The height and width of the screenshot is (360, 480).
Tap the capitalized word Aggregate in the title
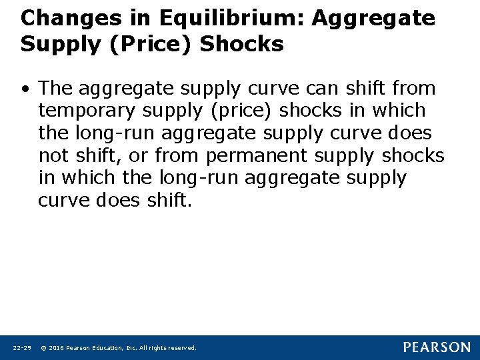(374, 19)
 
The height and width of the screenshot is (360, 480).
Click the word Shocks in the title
(242, 45)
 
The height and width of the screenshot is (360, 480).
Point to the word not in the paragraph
(53, 155)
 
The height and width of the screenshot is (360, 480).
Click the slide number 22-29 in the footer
(21, 348)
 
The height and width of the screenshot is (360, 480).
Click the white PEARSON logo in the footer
(436, 347)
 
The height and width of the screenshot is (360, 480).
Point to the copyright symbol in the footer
(43, 348)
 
